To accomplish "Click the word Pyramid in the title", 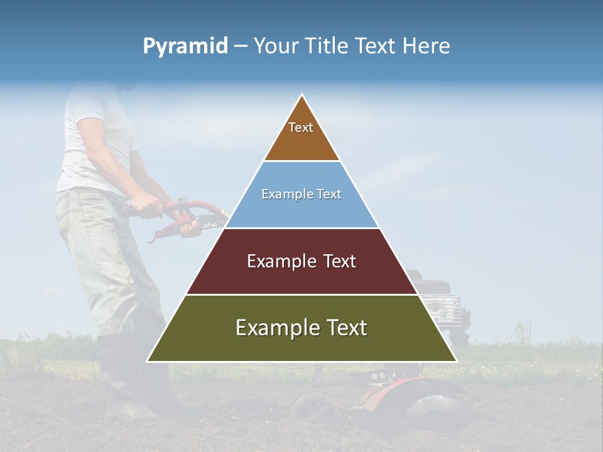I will pos(185,46).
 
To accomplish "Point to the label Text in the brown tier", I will pos(301,127).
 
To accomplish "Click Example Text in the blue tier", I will pos(301,194).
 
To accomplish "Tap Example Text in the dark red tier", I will pos(301,261).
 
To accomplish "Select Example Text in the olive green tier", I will pos(301,328).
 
